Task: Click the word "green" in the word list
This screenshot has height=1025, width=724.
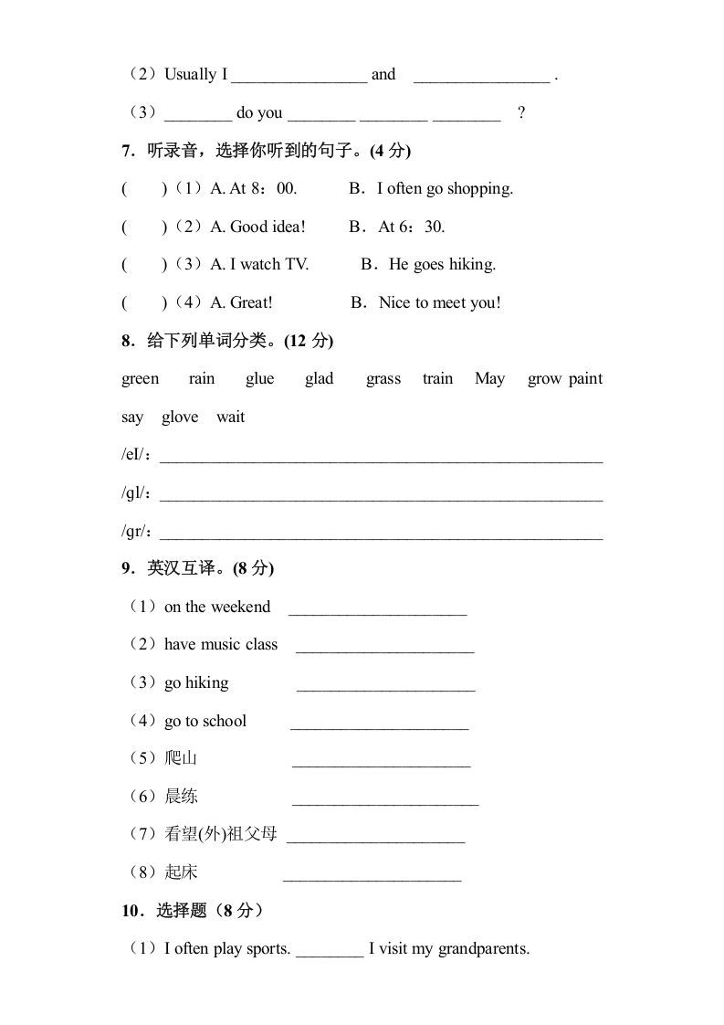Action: [140, 379]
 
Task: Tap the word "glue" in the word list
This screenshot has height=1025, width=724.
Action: [259, 379]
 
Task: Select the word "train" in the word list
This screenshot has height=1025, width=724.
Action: [437, 379]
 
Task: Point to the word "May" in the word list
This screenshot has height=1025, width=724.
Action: [489, 379]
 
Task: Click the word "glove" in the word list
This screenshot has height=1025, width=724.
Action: [180, 417]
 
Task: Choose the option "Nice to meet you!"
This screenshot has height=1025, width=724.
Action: [439, 303]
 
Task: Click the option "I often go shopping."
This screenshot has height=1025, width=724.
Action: [446, 189]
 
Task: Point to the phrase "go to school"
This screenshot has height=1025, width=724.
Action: [205, 722]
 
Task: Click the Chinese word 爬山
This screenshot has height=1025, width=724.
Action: [182, 758]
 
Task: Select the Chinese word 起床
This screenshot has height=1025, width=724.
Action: [182, 872]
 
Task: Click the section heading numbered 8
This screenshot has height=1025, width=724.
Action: [227, 341]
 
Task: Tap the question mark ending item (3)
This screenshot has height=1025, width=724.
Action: [521, 113]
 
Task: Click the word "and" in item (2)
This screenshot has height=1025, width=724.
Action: [383, 75]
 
